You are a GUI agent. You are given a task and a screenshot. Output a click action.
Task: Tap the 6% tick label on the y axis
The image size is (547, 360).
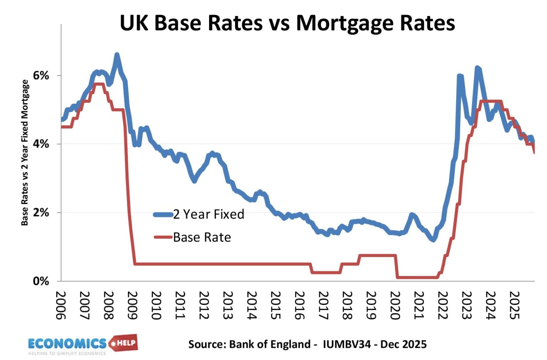41,76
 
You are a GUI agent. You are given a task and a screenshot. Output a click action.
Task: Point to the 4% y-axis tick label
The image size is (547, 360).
41,144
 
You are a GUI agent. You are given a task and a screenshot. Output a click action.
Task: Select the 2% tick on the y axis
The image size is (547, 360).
41,212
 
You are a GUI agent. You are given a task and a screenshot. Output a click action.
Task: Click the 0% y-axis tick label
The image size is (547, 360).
41,281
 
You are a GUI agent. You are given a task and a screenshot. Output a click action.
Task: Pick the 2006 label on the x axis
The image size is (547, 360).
61,305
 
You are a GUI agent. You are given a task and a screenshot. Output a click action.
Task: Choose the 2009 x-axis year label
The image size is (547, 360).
133,305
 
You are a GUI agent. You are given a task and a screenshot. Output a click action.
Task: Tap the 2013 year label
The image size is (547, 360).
228,305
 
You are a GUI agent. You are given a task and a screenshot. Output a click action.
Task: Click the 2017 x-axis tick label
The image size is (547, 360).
323,305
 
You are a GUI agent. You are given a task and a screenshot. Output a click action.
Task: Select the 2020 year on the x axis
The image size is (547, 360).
395,305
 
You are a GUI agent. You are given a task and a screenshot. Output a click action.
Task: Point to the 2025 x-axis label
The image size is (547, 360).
514,305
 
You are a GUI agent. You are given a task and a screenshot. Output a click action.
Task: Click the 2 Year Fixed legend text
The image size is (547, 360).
209,214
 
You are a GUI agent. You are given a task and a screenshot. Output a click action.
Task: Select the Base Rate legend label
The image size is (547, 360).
202,237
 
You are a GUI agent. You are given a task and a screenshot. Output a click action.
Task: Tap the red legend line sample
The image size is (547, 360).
163,237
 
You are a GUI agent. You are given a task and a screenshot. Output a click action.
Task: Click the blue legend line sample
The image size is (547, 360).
163,215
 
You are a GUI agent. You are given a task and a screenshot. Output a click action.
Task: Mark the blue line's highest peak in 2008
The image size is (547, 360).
117,55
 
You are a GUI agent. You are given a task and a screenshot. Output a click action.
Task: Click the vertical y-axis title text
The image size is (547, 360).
25,153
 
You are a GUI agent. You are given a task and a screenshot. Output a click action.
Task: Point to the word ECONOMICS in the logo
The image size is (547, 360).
67,344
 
